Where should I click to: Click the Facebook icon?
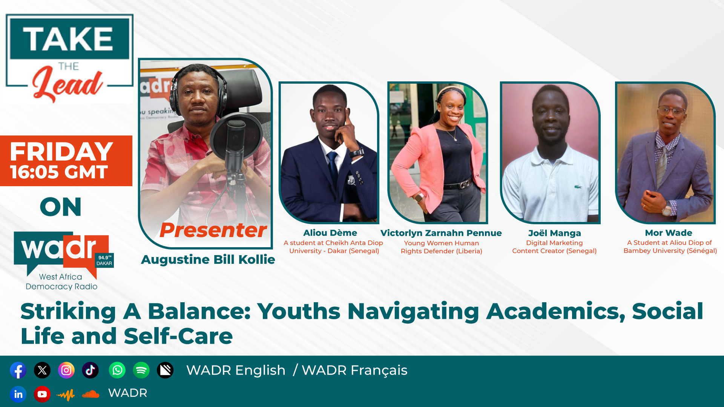[x=18, y=370]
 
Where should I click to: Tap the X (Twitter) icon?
[x=42, y=370]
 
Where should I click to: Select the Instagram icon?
[x=66, y=370]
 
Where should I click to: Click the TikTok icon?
[x=90, y=370]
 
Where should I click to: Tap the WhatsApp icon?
[x=117, y=370]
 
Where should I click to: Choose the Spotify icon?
[x=141, y=370]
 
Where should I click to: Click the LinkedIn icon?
[x=18, y=394]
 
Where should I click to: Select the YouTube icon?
[x=42, y=394]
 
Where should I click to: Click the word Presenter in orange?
[x=213, y=230]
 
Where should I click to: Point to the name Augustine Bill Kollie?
[x=208, y=260]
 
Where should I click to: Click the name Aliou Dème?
[x=330, y=233]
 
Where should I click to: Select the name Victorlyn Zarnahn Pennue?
[x=441, y=233]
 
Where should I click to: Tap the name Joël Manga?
[x=555, y=233]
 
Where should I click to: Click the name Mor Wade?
[x=669, y=233]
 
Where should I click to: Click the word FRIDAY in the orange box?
[x=61, y=151]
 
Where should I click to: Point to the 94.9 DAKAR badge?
[x=104, y=260]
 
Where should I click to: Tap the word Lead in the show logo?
[x=67, y=83]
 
